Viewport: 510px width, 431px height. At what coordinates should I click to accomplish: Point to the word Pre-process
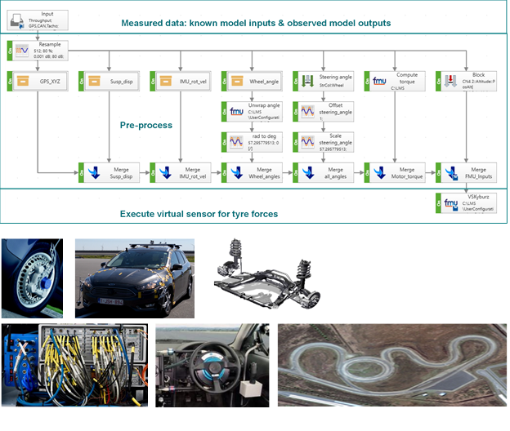tap(147, 126)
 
